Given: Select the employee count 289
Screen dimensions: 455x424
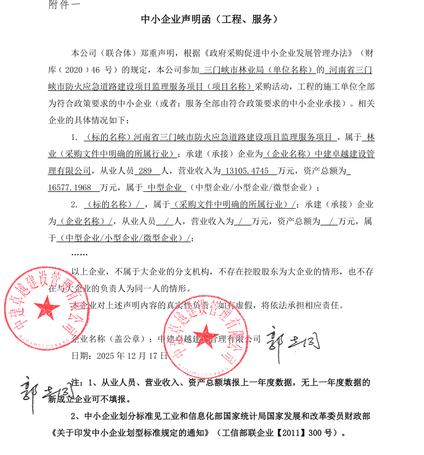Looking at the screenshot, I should [x=146, y=171].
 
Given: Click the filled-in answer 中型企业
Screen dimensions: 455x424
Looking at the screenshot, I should [x=164, y=188].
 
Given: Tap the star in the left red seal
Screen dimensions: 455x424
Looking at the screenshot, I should [x=47, y=309].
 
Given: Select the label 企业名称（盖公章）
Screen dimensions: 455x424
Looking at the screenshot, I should [x=111, y=339].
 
